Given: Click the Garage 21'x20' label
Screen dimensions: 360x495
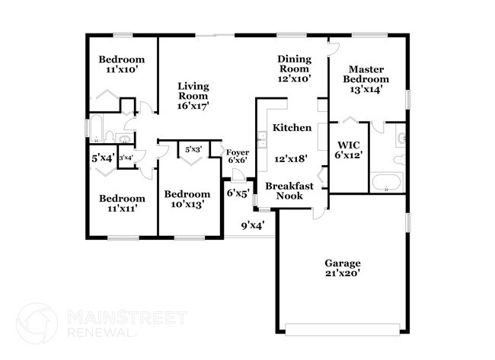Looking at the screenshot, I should click(x=342, y=268).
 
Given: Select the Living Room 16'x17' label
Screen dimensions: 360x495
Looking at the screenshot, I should click(x=193, y=96).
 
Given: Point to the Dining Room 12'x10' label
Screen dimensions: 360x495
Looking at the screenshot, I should click(x=295, y=69).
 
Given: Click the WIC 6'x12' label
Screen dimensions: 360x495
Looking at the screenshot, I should click(x=349, y=149).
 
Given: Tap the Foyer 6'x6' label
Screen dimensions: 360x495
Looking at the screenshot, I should click(x=238, y=156).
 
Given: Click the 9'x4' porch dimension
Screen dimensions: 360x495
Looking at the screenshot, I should click(x=252, y=225).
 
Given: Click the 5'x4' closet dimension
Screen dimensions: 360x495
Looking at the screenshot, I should click(x=103, y=158).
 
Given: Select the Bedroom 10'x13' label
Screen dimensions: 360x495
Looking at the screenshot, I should click(x=187, y=199).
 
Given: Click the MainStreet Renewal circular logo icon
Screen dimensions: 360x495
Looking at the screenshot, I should click(x=37, y=323).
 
